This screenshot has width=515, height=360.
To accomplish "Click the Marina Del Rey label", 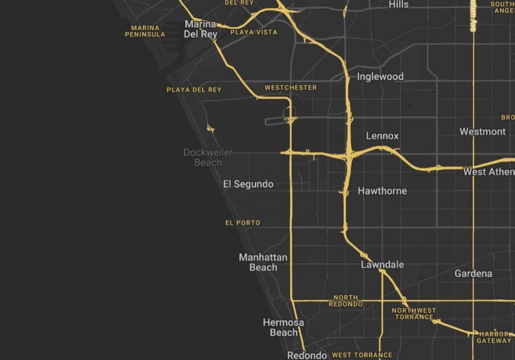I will tap(201, 29).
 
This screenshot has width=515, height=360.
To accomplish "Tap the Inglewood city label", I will tap(380, 76).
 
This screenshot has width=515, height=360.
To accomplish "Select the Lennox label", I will tap(382, 136).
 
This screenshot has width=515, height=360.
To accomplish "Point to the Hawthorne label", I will tap(382, 191).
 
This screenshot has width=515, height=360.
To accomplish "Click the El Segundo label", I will tap(248, 184).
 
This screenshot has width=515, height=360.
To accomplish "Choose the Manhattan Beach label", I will tap(263, 262).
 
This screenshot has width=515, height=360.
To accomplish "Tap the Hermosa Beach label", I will tap(283, 327).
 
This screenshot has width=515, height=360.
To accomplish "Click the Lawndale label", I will tap(382, 264).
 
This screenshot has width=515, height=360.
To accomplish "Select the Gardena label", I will tap(473, 274).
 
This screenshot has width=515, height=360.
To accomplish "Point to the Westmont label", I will tap(482, 132).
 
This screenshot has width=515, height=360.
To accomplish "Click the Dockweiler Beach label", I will tap(208, 157).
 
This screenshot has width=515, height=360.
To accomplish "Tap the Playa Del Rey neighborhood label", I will tap(194, 90).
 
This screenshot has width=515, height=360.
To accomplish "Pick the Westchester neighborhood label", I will tap(291, 87).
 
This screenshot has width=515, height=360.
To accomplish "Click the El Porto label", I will tap(243, 223).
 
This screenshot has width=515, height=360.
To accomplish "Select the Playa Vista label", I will tap(253, 32).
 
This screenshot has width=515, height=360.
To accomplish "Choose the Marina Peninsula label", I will tap(145, 31).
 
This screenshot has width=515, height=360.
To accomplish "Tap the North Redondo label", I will tap(346, 301).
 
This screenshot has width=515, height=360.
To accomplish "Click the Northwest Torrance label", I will tap(414, 314).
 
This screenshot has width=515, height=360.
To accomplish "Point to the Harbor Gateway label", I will tap(494, 337).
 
